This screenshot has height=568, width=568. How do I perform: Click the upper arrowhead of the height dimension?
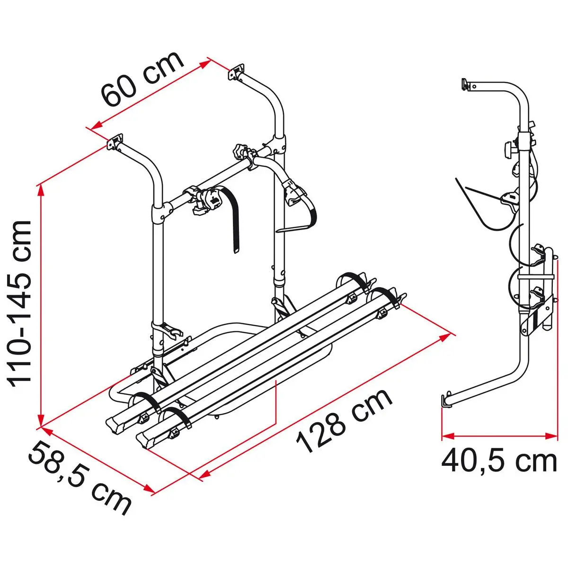(x=41, y=191)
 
